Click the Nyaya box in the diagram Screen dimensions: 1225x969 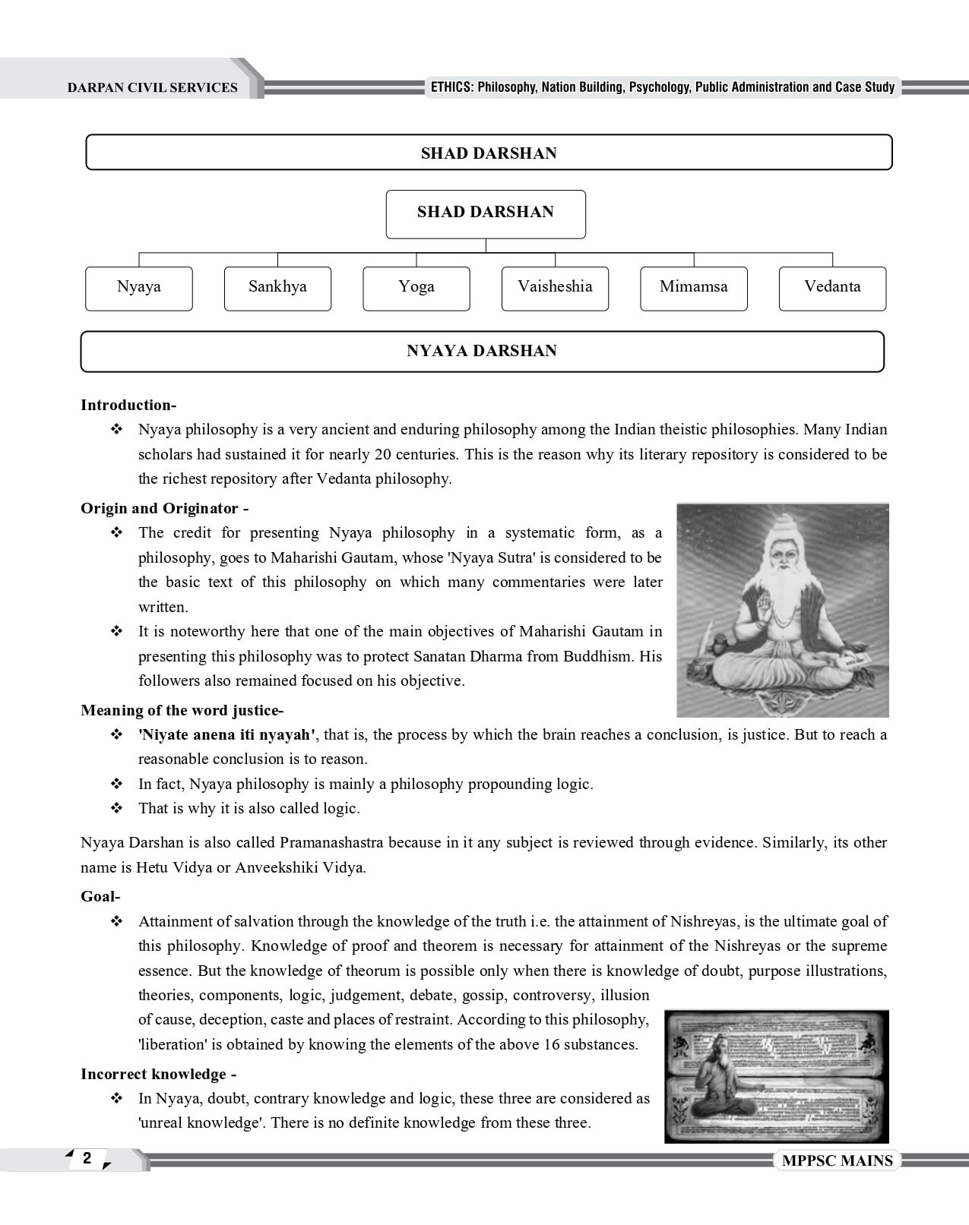[x=139, y=288]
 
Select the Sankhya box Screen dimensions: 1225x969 [x=277, y=288]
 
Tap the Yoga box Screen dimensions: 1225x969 [x=416, y=288]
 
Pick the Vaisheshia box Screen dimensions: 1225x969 [x=555, y=288]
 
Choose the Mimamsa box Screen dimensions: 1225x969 [x=693, y=288]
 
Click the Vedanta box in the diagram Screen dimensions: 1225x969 [x=832, y=288]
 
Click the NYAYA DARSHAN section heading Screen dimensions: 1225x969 [x=482, y=351]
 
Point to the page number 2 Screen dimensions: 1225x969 [x=87, y=1158]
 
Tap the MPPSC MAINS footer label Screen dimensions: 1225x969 [x=836, y=1161]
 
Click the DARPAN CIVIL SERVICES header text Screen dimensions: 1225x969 [x=152, y=87]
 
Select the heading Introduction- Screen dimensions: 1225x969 [x=128, y=405]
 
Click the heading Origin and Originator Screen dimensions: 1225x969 [x=164, y=508]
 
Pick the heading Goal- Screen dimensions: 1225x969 [x=100, y=896]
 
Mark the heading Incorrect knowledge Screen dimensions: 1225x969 [x=158, y=1074]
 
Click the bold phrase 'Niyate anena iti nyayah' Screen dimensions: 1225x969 [x=226, y=734]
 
